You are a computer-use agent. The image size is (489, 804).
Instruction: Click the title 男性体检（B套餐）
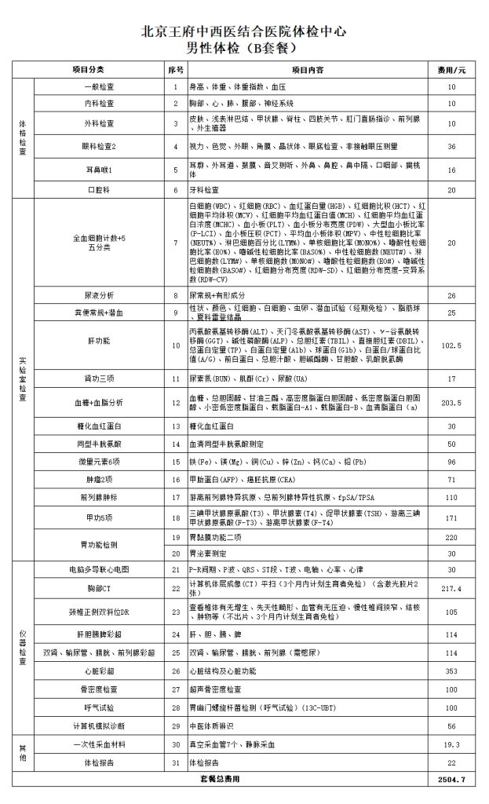[243, 46]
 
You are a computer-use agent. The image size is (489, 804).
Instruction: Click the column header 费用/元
[451, 70]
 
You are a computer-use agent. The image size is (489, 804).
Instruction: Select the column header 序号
[176, 70]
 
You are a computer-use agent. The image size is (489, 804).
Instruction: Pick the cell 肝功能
[100, 342]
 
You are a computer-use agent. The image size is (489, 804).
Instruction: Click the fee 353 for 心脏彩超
[451, 671]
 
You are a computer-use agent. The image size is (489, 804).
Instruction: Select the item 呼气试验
[100, 708]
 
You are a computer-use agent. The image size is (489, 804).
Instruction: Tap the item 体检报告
[100, 762]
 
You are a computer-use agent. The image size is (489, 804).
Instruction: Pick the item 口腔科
[100, 190]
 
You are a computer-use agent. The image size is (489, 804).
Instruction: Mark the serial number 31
[176, 762]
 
